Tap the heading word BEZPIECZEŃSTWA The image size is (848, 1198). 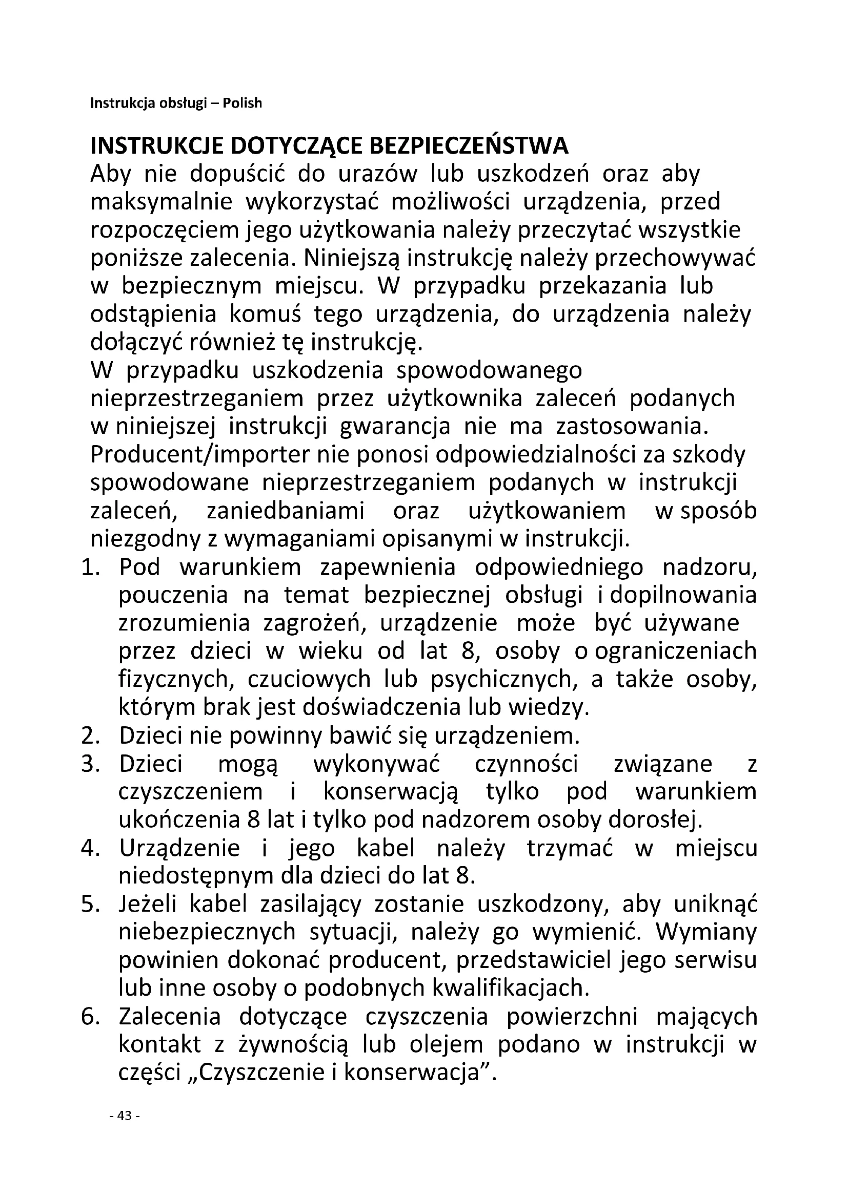point(469,146)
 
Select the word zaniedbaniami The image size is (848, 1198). point(286,511)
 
